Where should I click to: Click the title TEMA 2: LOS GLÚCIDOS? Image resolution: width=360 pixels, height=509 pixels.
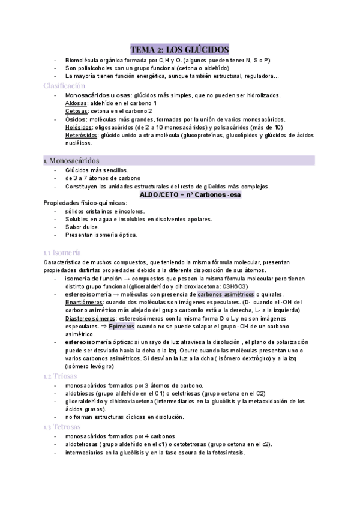point(179,49)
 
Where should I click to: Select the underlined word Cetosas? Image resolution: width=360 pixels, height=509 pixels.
point(76,112)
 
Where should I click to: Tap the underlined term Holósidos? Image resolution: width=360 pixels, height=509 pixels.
point(79,128)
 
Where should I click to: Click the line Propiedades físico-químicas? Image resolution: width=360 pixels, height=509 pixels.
point(81,203)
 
